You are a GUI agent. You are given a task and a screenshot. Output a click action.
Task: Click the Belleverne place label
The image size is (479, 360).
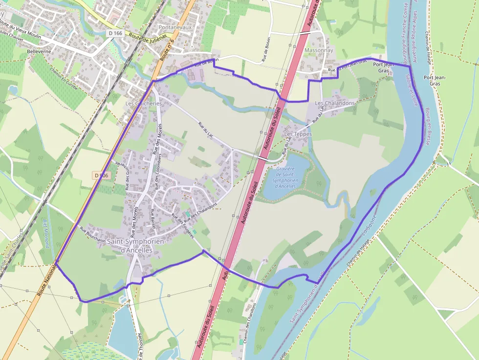39,51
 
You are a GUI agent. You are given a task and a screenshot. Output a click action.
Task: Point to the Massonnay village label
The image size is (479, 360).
318,50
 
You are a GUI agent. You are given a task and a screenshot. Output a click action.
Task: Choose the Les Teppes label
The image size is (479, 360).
298,134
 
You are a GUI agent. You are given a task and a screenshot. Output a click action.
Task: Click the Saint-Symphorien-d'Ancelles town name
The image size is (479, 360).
137,246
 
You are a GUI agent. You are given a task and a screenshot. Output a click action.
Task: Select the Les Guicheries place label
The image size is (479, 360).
143,104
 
